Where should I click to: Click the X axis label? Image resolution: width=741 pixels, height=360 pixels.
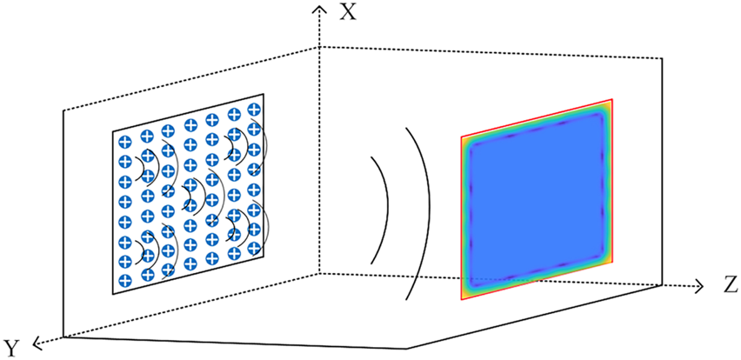click(x=348, y=11)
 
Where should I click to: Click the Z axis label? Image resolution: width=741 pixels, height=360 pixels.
click(x=730, y=284)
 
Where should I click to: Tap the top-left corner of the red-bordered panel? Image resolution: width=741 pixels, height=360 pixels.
click(x=461, y=137)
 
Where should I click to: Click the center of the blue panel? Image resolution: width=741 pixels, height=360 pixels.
click(x=537, y=200)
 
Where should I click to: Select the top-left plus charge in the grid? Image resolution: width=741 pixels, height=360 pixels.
click(x=125, y=141)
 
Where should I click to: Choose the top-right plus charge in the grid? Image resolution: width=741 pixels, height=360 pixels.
click(x=254, y=110)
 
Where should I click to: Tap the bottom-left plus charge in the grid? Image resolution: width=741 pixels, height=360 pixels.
click(x=125, y=282)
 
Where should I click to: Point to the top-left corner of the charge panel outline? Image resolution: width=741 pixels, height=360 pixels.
click(x=113, y=131)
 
